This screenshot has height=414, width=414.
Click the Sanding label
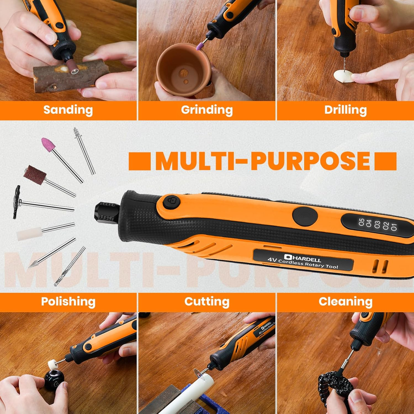coord(68,110)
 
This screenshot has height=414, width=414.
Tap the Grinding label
coord(207,110)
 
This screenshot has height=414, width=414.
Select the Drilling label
coord(345,110)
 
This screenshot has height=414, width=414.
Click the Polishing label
coord(68,302)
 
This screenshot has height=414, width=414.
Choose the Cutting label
coord(207,302)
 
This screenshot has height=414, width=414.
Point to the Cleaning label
coord(345,301)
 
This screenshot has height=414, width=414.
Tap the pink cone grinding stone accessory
coord(48,144)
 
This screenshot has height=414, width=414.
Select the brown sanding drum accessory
coord(35,175)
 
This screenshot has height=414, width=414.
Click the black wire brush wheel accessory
coord(17,202)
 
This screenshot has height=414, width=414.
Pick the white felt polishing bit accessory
coord(29,234)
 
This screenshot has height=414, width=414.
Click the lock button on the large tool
coord(171,202)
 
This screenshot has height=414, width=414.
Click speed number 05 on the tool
coord(361,222)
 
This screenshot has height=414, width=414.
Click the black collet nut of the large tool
coord(107,213)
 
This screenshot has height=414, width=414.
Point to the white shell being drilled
coord(343,76)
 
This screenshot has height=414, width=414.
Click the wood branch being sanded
coord(71,76)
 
